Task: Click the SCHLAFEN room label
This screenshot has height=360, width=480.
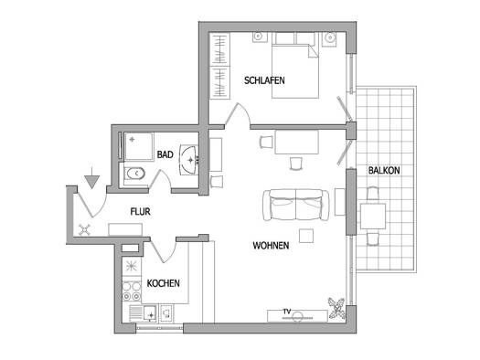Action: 264,80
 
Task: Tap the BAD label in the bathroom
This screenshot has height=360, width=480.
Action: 165,154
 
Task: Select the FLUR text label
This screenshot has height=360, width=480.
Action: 140,212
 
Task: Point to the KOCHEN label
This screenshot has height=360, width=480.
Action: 163,283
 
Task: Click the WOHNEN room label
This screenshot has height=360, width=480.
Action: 271,245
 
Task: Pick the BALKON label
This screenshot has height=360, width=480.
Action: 384,170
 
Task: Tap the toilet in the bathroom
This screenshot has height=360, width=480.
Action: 135,174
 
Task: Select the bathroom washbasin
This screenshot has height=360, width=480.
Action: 189,160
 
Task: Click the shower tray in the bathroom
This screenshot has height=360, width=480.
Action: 138,146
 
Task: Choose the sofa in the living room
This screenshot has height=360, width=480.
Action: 296,205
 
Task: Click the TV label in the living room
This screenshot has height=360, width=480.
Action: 286,312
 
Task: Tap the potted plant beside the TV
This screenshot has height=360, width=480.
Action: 336,308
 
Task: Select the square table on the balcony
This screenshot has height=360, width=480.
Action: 372,217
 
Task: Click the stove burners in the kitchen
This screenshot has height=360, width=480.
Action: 132,291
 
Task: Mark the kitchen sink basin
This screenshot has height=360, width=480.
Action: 150,313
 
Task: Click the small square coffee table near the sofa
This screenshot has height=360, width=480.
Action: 306,236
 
